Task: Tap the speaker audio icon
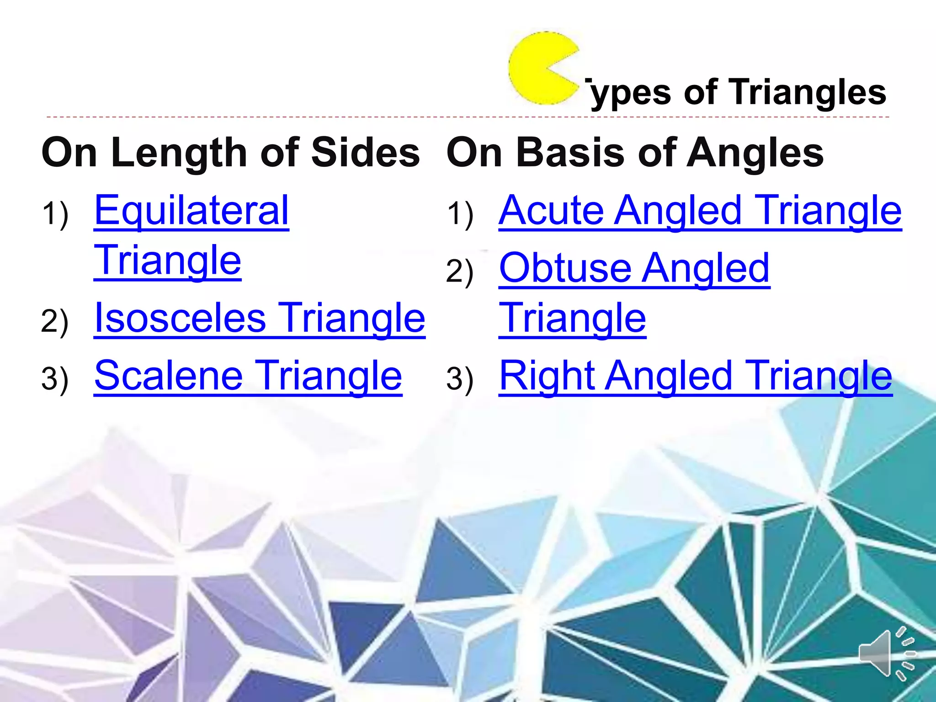[884, 653]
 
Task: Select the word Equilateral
[191, 211]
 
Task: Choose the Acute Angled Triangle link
[700, 211]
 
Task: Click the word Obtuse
[567, 268]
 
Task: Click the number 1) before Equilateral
[55, 213]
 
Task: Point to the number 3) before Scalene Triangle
[55, 378]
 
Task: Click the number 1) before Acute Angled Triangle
[460, 213]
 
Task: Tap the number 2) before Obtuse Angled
[460, 271]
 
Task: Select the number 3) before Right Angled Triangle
[460, 378]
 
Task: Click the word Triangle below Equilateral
[168, 260]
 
